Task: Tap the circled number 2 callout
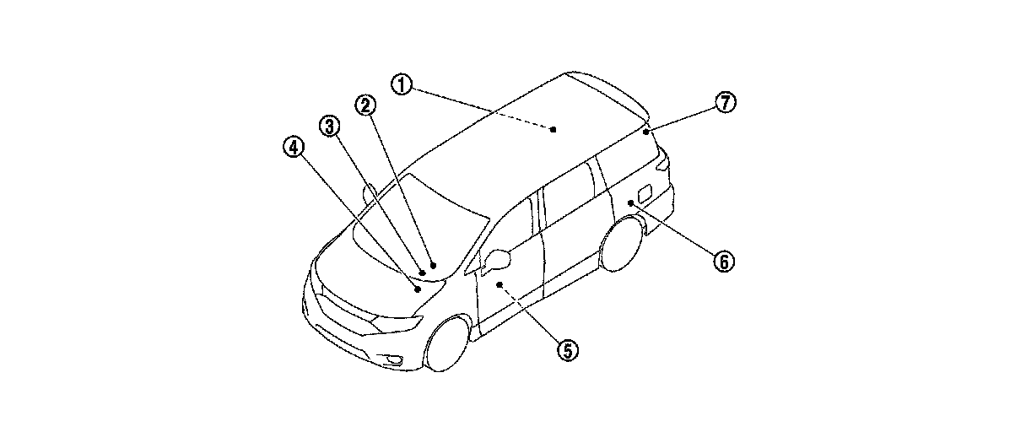click(364, 105)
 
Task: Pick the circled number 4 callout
click(292, 148)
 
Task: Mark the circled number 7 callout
click(726, 103)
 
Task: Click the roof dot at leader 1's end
click(553, 129)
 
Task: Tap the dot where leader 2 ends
click(432, 264)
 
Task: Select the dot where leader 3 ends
click(422, 273)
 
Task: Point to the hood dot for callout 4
click(417, 289)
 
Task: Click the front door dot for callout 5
click(499, 285)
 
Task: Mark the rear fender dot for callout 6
click(630, 202)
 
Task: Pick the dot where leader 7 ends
click(645, 132)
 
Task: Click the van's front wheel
click(448, 343)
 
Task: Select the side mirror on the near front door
click(498, 256)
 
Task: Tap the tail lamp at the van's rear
click(665, 162)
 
